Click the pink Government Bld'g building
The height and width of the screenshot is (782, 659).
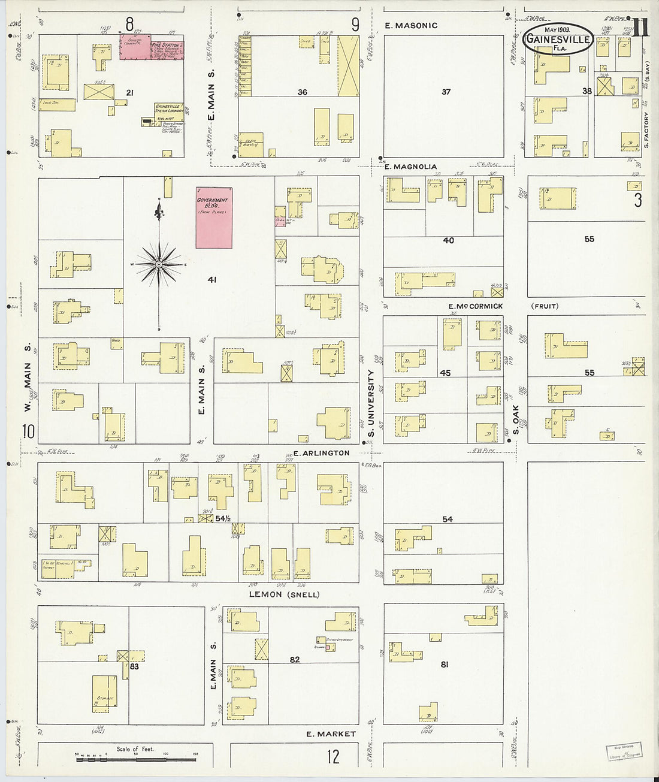tap(214, 218)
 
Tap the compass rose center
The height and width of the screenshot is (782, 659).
tap(159, 264)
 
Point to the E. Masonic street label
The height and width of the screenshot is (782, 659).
tap(411, 26)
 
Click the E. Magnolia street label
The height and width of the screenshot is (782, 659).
tap(411, 167)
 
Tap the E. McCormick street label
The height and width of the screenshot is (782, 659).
tap(476, 306)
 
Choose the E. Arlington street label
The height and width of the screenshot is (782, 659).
tap(321, 453)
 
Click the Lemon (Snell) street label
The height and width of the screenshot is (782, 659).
tap(284, 594)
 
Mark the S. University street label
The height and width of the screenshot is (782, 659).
tap(371, 403)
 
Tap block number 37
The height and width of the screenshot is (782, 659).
tap(446, 92)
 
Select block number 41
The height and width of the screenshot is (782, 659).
tap(211, 279)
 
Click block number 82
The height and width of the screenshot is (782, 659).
tap(294, 660)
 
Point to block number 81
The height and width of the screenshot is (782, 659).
tap(444, 664)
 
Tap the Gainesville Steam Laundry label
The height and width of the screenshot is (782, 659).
tap(168, 108)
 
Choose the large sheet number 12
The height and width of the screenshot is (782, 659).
tap(333, 756)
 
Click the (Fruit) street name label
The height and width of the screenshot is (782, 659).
tap(545, 306)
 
